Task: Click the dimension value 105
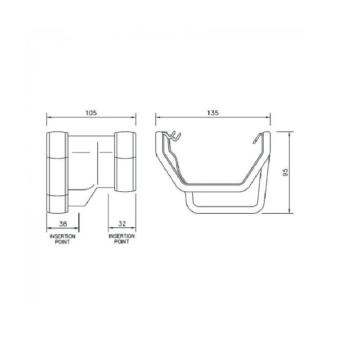point(91,113)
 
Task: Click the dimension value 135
point(213,113)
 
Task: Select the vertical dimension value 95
point(285,172)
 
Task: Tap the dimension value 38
point(63,224)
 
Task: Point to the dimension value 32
point(122,224)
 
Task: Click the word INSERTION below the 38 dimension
point(63,236)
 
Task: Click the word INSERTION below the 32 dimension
point(121,236)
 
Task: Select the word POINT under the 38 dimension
point(62,242)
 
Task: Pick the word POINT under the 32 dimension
point(121,242)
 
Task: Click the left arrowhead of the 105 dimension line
point(49,117)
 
